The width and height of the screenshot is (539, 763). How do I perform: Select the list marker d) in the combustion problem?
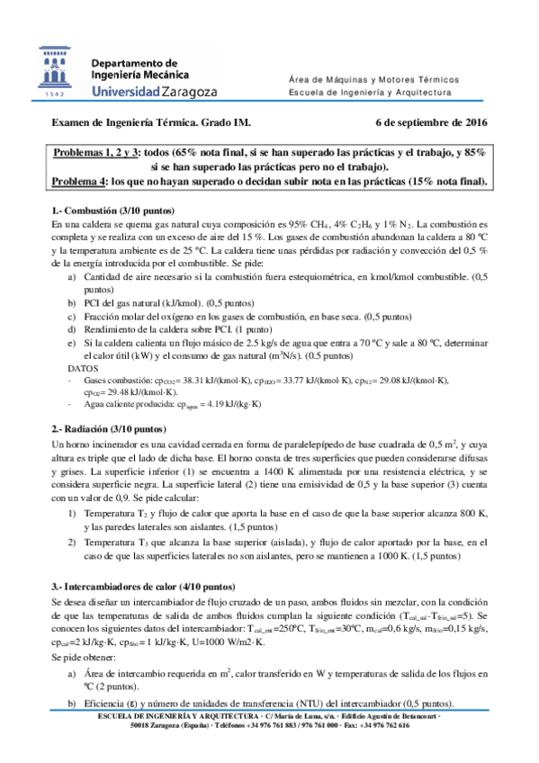pos(72,330)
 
